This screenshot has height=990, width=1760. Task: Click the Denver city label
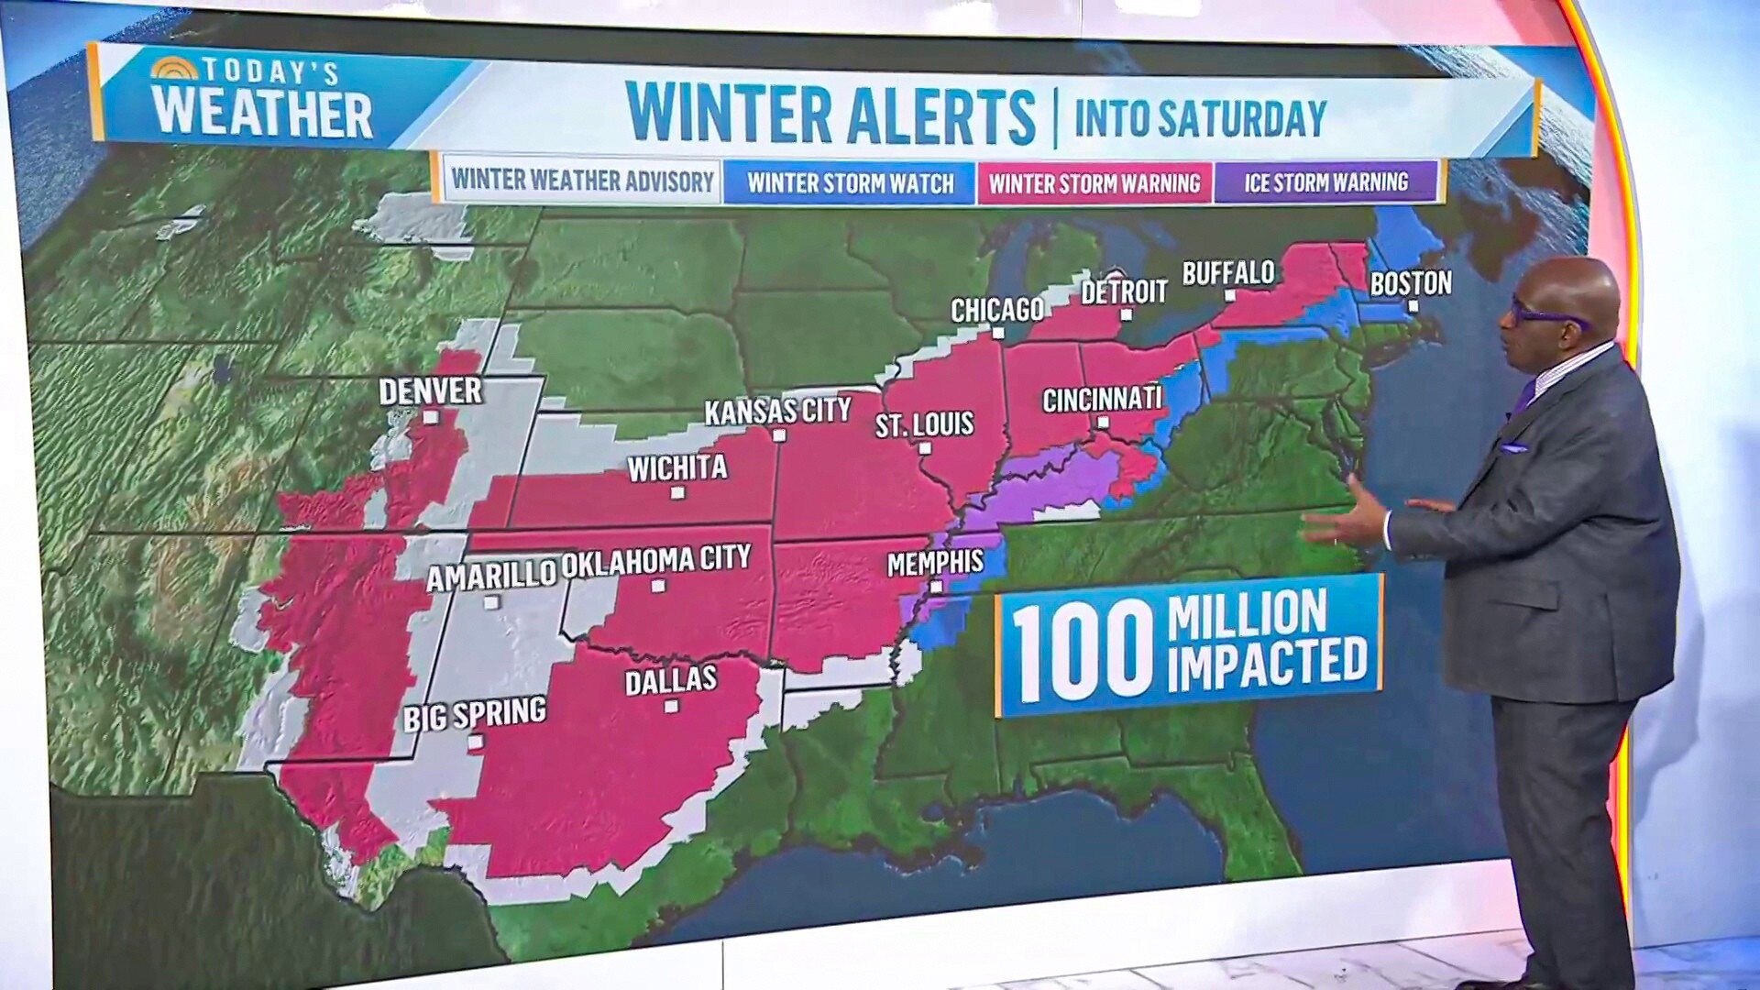pos(430,391)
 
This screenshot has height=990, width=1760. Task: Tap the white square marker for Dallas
pos(671,707)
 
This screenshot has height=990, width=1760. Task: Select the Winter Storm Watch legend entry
pos(850,183)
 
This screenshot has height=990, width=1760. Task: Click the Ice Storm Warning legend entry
pos(1325,182)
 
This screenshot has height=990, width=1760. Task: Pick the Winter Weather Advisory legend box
pos(582,181)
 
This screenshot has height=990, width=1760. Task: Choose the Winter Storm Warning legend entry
pos(1094,183)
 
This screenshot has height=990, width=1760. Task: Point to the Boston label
pos(1410,283)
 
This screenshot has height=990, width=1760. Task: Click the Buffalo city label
pos(1228,273)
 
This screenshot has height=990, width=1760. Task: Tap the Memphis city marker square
pos(936,587)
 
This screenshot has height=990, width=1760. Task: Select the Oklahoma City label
pos(655,561)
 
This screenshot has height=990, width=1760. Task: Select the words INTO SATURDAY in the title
pos(1200,118)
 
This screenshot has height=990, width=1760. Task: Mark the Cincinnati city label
pos(1102,400)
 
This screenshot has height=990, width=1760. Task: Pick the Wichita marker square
pos(677,493)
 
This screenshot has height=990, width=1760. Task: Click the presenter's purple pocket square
pos(1513,448)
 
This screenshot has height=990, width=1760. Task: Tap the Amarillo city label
pos(491,576)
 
